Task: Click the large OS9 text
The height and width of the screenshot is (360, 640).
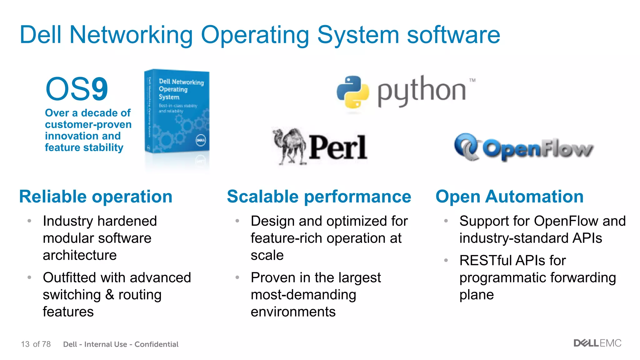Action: [x=77, y=89]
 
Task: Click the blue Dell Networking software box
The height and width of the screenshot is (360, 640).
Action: [x=177, y=112]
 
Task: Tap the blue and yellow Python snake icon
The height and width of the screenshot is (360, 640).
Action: [x=353, y=92]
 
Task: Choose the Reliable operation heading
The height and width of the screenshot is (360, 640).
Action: [x=96, y=197]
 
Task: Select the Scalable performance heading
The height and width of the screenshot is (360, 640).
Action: [x=319, y=197]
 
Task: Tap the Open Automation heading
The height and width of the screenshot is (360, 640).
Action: [x=509, y=197]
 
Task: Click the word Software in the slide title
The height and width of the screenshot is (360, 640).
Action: [x=453, y=35]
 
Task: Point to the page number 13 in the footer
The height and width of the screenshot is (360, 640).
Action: [x=25, y=344]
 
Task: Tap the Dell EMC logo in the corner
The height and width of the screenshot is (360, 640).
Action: [x=597, y=343]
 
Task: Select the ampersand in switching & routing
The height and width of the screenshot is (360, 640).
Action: [x=110, y=295]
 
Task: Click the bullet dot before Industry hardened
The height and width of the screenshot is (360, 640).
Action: [x=29, y=221]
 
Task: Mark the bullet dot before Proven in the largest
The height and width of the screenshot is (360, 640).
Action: [x=237, y=277]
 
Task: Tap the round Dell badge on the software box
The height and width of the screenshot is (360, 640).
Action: [x=201, y=140]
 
